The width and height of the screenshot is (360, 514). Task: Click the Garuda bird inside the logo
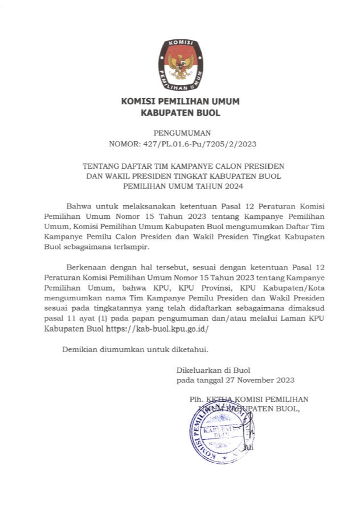180,61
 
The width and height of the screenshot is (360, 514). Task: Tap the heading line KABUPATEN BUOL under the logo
180,113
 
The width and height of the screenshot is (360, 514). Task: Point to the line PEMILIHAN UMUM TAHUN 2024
180,186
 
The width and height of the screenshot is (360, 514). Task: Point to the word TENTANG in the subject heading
100,166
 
